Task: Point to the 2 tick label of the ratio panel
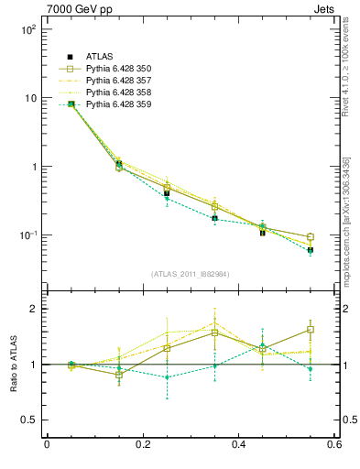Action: click(x=33, y=309)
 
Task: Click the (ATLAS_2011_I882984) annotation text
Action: click(x=191, y=274)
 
